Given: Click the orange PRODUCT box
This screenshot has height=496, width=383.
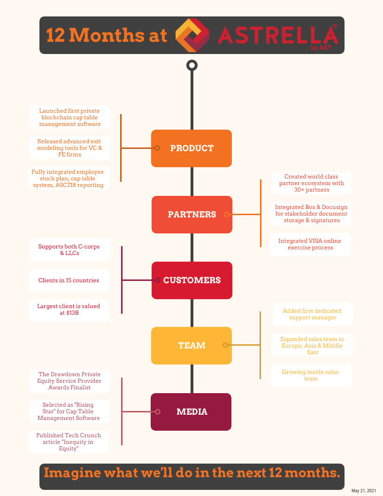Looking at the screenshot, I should [191, 148].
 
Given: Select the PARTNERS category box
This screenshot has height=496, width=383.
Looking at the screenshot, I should [192, 215].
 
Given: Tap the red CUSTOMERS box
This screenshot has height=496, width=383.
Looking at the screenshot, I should [192, 280].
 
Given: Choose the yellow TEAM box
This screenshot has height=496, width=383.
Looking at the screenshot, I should [191, 346].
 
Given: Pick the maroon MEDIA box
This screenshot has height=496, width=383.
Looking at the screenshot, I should [191, 412].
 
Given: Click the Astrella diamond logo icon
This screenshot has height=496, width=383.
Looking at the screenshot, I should [192, 35].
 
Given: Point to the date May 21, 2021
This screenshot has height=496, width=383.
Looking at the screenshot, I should [364, 490].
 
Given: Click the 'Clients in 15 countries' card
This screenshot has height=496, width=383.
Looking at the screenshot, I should [69, 280].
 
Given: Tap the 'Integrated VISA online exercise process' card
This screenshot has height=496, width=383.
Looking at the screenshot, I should [310, 244].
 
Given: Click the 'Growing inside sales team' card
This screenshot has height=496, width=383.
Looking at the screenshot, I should [310, 375].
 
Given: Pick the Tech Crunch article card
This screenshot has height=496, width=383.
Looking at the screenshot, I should [69, 442].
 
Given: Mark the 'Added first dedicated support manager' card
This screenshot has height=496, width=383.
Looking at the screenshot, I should [312, 314].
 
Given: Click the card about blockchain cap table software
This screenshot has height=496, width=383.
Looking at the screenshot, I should [70, 117].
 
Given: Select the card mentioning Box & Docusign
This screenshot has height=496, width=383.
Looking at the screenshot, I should [311, 214].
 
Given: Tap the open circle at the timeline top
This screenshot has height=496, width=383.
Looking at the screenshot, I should [191, 65].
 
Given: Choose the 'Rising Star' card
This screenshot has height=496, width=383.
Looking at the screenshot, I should [69, 411].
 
